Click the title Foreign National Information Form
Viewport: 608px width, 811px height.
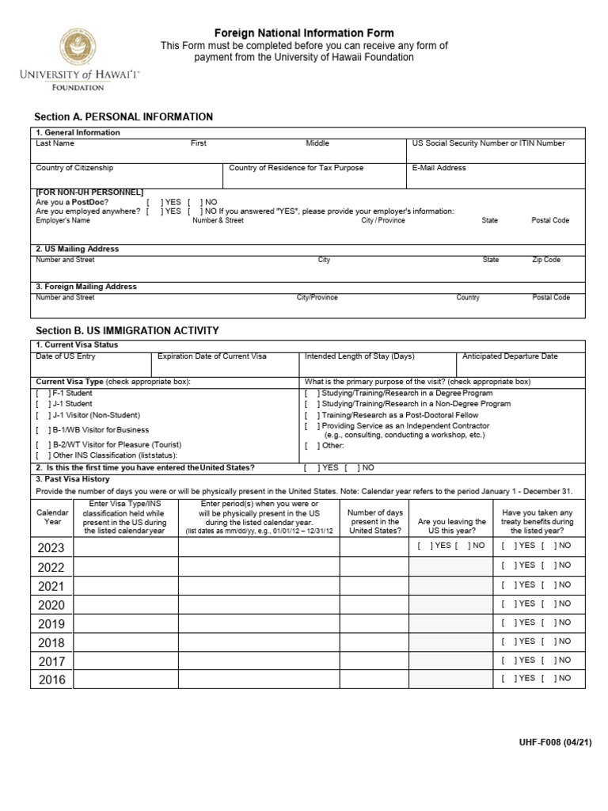coord(305,33)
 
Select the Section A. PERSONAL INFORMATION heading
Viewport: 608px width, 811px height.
coord(124,117)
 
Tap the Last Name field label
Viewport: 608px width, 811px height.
coord(55,143)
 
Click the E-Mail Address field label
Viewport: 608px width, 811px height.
coord(438,168)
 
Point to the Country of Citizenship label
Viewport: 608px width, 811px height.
coord(74,168)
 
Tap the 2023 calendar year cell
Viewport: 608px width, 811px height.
coord(51,547)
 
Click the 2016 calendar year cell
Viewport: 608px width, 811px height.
coord(51,680)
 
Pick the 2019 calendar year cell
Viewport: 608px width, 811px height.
coord(51,623)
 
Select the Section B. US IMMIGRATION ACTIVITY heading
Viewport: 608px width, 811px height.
coord(127,330)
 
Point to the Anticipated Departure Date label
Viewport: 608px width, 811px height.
coord(510,356)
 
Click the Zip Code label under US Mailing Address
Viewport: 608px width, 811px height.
coord(546,260)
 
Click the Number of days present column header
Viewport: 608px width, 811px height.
coord(374,522)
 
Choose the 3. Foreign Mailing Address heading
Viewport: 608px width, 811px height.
coord(86,287)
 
